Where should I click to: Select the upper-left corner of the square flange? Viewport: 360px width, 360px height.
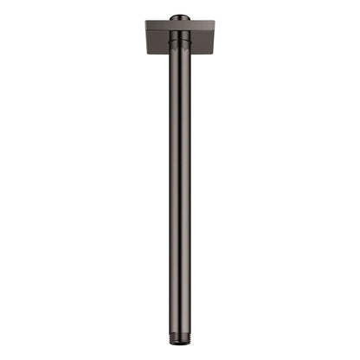146,22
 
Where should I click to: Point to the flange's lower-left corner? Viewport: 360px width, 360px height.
146,53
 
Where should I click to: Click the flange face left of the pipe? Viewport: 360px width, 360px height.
157,41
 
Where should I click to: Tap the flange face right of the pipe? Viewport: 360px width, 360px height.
202,41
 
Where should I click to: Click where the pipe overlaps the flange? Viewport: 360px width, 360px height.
180,43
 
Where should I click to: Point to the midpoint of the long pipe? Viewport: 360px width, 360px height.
180,190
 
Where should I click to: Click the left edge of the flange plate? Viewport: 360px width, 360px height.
145,39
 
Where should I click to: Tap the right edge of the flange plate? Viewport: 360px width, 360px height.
215,39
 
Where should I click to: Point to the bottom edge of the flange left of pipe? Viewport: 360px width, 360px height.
157,54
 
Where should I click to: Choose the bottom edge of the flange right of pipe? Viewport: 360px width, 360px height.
202,54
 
